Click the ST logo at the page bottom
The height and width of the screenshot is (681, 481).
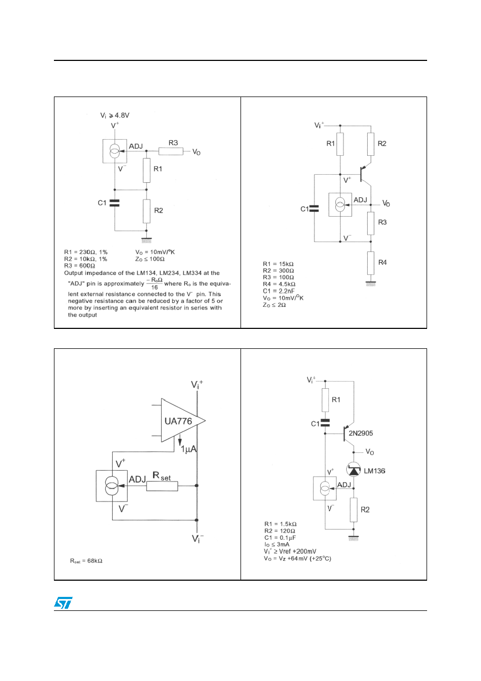[63, 603]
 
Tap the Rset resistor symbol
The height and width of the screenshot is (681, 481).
[162, 486]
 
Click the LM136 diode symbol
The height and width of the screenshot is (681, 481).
[353, 470]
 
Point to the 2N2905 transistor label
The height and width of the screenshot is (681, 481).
[361, 433]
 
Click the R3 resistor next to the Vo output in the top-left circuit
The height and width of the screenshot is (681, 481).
[171, 151]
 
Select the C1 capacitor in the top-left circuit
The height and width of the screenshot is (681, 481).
[115, 203]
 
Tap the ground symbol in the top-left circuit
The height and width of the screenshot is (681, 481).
[147, 240]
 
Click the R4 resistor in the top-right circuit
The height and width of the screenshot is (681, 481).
[370, 263]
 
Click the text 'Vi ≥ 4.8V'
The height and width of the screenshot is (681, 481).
[115, 115]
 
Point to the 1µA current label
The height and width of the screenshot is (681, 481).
[189, 449]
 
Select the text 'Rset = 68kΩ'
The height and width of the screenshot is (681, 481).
[86, 561]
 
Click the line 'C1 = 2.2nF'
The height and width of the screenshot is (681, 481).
[278, 291]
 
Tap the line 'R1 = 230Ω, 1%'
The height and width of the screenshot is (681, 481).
[86, 252]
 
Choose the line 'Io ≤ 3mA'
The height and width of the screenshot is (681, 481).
[277, 544]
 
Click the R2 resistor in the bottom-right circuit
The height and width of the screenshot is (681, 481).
[354, 510]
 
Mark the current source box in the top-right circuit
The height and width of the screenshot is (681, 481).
[340, 204]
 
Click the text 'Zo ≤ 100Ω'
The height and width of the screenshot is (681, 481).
[150, 259]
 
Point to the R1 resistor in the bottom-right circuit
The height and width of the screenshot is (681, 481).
[325, 400]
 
